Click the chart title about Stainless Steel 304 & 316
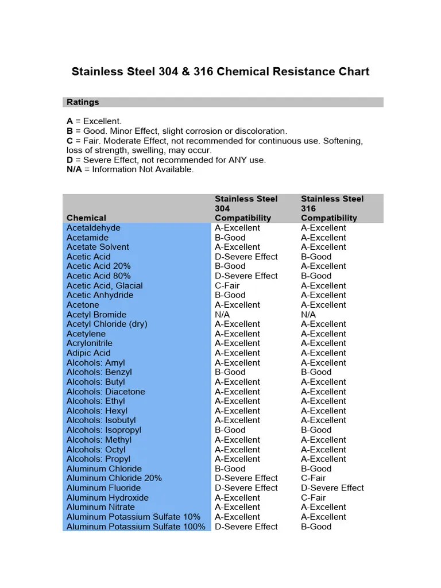[220, 72]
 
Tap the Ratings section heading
[83, 102]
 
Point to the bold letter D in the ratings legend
[69, 160]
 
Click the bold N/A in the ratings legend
[74, 170]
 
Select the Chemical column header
[86, 218]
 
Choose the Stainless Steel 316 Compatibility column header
[332, 208]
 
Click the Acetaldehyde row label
[93, 228]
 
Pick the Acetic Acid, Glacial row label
[105, 286]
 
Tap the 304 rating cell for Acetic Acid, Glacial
[227, 286]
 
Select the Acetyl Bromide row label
[96, 315]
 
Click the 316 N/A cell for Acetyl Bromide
[308, 315]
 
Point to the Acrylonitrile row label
[91, 343]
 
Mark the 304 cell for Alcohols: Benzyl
[230, 372]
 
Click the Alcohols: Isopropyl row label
[104, 430]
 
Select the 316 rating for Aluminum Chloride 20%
[313, 478]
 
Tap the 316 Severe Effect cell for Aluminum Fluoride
[332, 488]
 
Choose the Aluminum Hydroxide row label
[107, 498]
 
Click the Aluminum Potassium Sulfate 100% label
[136, 527]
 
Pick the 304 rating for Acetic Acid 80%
[246, 276]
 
